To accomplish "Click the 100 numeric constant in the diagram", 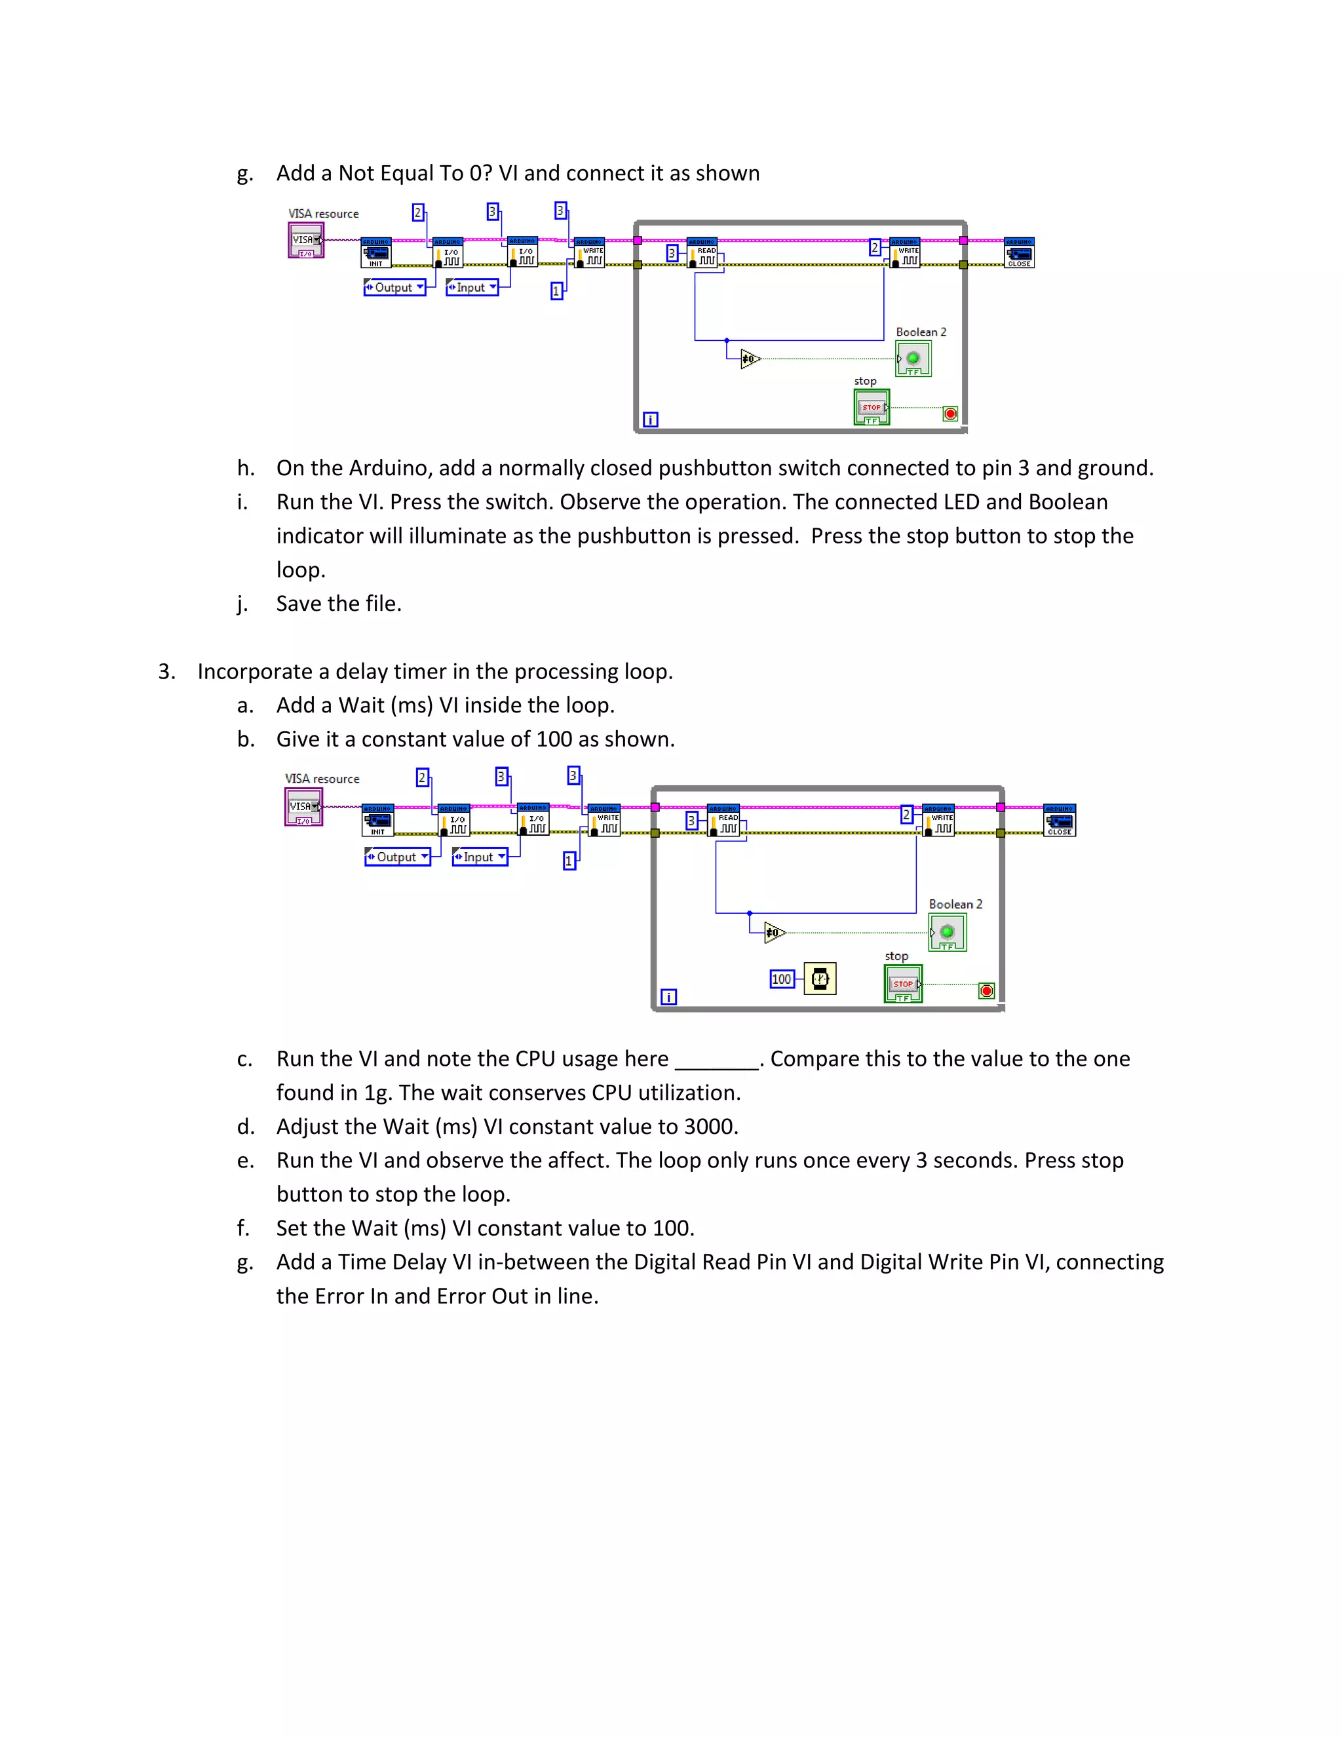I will (x=782, y=979).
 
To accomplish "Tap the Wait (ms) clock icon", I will (x=820, y=979).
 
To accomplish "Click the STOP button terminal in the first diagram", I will (x=872, y=407).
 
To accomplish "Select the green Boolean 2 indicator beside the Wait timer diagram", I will (x=947, y=932).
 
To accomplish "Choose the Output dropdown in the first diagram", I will (x=394, y=287).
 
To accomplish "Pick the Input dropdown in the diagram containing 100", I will (x=480, y=857).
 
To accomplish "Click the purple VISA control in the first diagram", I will (x=305, y=240).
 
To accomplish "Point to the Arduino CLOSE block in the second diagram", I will (x=1059, y=820).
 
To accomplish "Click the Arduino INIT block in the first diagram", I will (x=376, y=253).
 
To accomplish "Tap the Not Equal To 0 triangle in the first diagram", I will (x=750, y=359).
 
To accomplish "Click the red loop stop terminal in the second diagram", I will (x=987, y=990).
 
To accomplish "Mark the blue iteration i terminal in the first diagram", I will (x=650, y=419).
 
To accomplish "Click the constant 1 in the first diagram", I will (x=556, y=291).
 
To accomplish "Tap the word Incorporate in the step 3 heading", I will (x=254, y=671).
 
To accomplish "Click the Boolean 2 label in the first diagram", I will (x=921, y=332).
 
